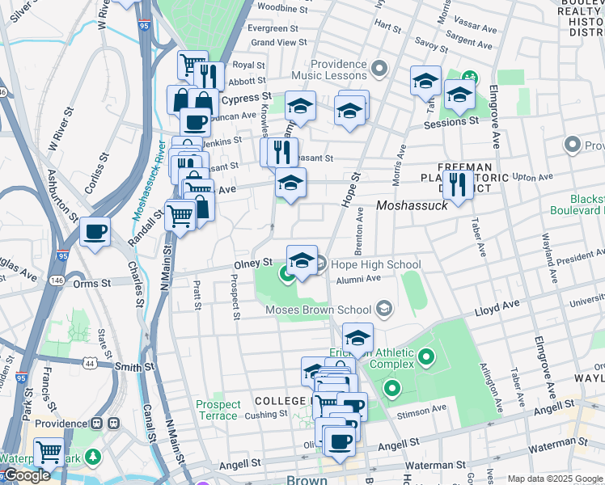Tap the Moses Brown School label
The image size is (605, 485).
click(x=319, y=310)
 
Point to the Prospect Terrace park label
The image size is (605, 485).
click(x=218, y=410)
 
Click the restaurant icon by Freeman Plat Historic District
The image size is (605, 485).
click(x=459, y=185)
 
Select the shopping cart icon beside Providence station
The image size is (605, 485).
click(x=49, y=450)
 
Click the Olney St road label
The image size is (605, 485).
click(x=256, y=262)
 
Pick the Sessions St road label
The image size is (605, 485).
click(x=451, y=122)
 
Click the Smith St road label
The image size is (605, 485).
click(x=133, y=366)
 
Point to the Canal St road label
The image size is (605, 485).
click(x=150, y=424)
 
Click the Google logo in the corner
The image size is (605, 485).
click(x=26, y=474)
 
